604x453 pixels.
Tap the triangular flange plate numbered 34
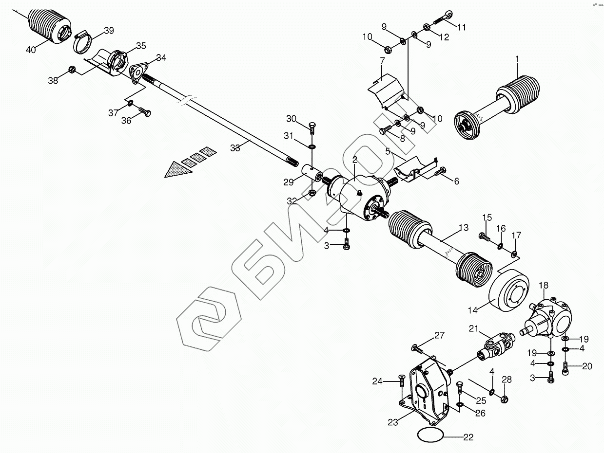click(138, 72)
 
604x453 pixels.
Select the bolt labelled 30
click(312, 128)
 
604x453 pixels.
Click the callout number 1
click(517, 59)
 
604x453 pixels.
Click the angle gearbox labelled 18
click(549, 316)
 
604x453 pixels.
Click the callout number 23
click(393, 422)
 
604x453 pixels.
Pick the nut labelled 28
click(505, 399)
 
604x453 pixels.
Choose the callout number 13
click(463, 227)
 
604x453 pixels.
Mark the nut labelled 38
click(71, 70)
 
